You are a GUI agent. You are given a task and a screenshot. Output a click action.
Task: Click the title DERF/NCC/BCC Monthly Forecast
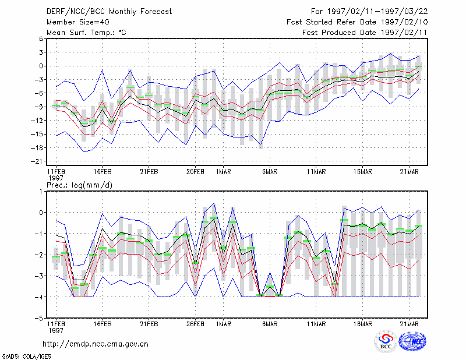point(109,12)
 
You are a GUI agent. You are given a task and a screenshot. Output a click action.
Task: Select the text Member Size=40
point(78,22)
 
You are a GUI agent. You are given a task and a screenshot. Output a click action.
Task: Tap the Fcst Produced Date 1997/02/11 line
point(365,33)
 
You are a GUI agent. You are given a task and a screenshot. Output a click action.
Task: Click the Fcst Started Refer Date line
point(357,22)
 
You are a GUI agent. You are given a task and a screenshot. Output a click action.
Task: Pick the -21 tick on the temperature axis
point(37,161)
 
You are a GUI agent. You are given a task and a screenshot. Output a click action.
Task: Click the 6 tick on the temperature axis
point(41,38)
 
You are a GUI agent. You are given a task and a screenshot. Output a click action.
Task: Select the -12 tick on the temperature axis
point(37,121)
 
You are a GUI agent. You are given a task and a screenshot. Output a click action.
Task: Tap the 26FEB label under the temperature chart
point(195,172)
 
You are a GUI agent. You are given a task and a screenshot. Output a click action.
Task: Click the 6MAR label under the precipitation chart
point(270,324)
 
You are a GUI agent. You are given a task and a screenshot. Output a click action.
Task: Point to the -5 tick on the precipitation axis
point(39,318)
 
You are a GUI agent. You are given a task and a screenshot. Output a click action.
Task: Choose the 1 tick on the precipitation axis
point(41,192)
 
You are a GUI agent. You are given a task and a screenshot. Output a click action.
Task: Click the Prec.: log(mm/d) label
point(79,185)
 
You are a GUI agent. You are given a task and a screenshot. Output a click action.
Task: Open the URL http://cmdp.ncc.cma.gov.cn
point(96,344)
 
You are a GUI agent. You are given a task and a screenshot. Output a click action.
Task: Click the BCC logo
point(386,341)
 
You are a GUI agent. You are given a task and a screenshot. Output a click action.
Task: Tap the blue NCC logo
point(412,341)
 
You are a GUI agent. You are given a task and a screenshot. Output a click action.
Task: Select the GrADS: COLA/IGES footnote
point(27,357)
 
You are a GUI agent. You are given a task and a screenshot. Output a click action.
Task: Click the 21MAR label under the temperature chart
point(409,172)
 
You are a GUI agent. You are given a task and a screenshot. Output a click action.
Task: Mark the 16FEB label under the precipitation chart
point(103,324)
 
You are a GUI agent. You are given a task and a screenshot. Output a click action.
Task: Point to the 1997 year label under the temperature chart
point(56,178)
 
